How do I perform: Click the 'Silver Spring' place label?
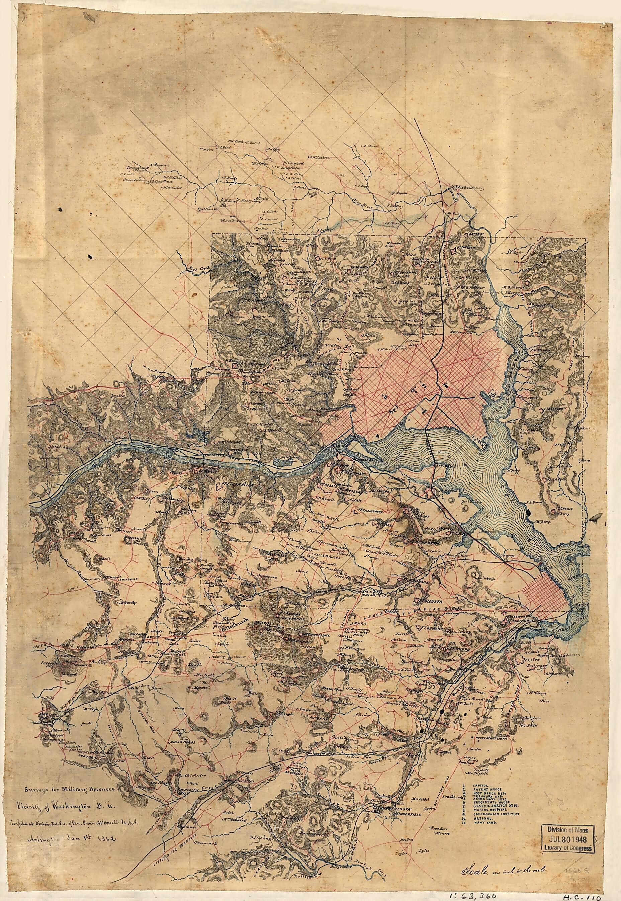point(232,220)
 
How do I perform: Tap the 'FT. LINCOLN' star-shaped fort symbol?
point(453,251)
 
